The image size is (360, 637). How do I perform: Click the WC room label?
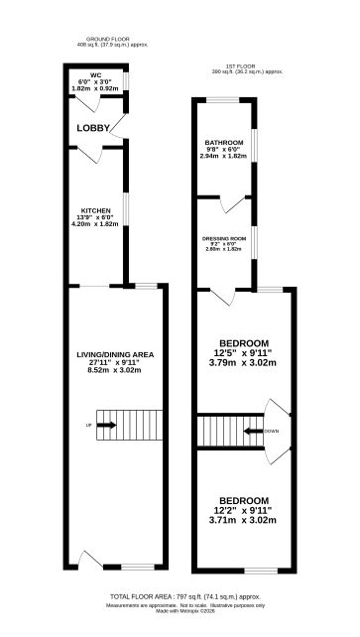(x=96, y=74)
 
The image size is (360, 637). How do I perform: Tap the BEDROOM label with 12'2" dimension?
(x=243, y=499)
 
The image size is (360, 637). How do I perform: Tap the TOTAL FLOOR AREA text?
(x=179, y=595)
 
